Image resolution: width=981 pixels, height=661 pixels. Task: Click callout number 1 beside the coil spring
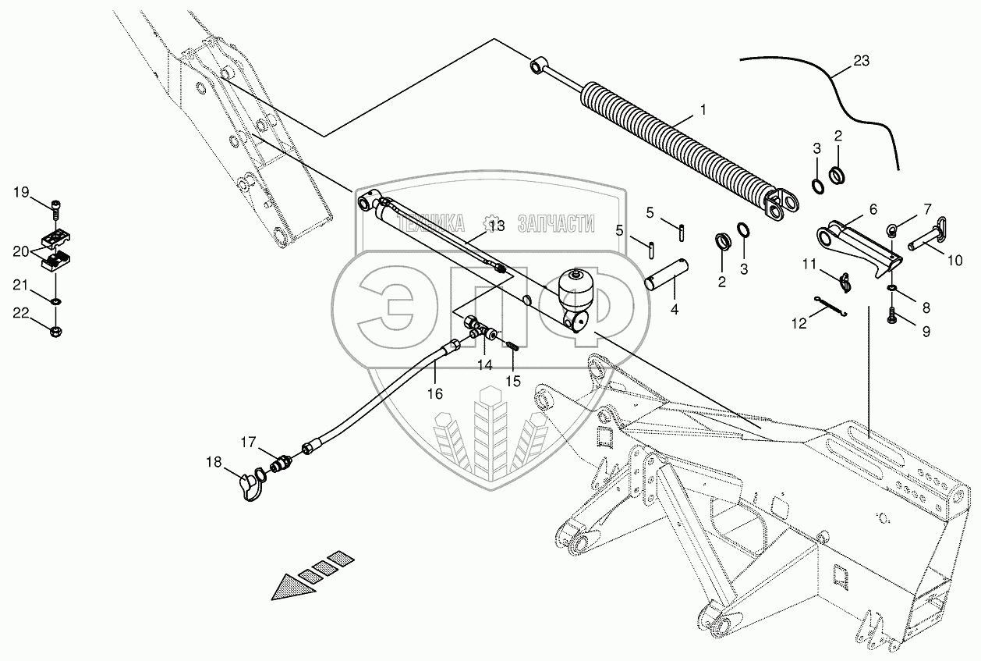(x=703, y=110)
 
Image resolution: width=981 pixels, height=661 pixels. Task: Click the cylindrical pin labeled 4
(x=665, y=277)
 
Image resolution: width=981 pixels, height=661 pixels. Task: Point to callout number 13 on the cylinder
(x=497, y=226)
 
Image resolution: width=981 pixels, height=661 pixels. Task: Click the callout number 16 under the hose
(x=435, y=394)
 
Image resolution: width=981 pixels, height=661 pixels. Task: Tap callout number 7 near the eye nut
(x=927, y=208)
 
